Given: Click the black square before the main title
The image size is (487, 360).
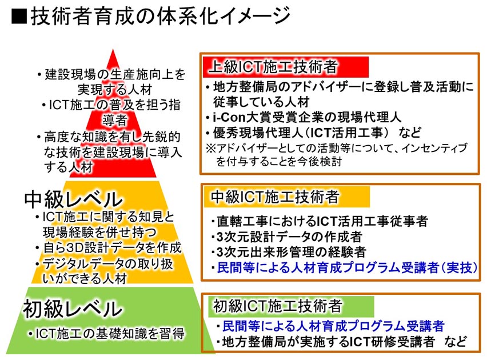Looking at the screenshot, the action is tap(19, 16).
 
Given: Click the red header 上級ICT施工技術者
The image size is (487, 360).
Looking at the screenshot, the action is tap(285, 67).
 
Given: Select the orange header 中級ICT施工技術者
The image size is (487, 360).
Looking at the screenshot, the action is tap(287, 197).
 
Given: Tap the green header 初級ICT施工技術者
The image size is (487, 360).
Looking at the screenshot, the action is tap(291, 306).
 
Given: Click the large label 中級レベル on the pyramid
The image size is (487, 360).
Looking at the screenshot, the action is tap(74, 199).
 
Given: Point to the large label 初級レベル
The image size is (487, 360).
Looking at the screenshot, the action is tap(73, 309).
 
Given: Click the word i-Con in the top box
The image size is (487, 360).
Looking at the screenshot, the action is tap(229, 117).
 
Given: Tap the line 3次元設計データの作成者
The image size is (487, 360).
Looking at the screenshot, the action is tap(286, 237).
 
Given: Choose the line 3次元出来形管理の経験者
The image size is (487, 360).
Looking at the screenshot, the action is tap(289, 252).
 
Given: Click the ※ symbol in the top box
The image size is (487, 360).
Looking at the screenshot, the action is tap(211, 148).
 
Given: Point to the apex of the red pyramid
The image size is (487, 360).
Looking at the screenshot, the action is tap(113, 49).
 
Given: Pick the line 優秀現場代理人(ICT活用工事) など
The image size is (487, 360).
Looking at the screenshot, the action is tap(314, 133).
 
